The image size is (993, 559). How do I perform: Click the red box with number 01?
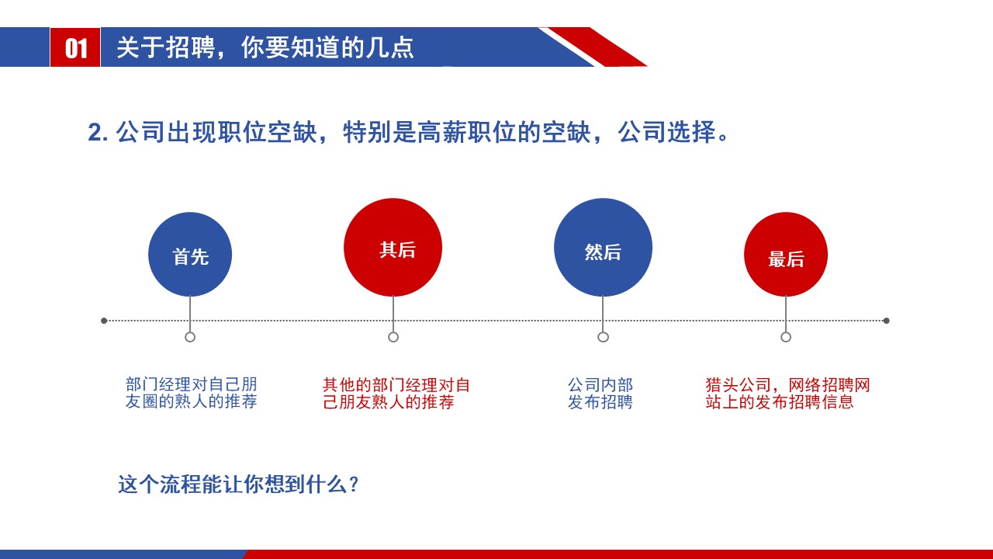tap(75, 47)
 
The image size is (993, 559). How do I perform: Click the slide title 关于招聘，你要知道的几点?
tap(265, 47)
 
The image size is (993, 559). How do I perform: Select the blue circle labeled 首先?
tap(190, 255)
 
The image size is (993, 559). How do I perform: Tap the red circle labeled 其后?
tap(393, 248)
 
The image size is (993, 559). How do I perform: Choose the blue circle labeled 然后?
tap(603, 248)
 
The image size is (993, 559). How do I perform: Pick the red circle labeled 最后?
tap(786, 255)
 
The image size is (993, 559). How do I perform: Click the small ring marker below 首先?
tap(190, 337)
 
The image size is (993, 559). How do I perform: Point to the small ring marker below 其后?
tap(393, 337)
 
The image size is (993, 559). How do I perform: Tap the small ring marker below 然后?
tap(603, 337)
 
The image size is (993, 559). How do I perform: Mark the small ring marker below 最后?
tap(786, 337)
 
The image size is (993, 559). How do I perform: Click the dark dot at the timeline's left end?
tap(104, 320)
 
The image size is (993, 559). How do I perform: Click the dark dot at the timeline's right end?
tap(887, 320)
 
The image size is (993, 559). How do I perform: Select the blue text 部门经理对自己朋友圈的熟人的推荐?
tap(191, 394)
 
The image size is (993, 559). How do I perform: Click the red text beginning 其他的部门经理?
tap(396, 394)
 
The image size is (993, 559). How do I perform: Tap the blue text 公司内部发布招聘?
tap(600, 394)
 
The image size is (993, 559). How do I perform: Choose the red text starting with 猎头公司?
tap(787, 394)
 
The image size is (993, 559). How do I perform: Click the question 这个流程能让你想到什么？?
tap(238, 484)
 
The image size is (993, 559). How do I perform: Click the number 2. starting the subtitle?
tap(98, 133)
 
